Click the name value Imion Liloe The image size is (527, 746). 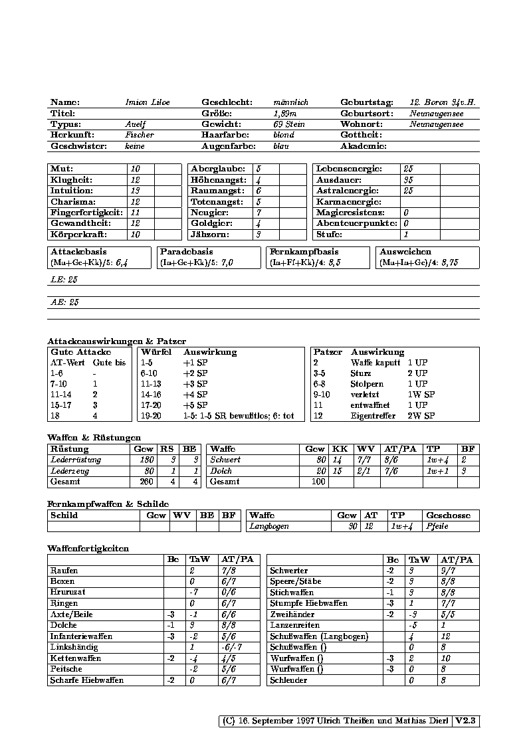[x=147, y=103]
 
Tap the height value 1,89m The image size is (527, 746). [x=284, y=114]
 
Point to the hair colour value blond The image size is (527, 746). [x=283, y=135]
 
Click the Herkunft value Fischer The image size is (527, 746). [x=139, y=135]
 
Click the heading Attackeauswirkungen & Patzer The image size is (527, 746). [x=116, y=341]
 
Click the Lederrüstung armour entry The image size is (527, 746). [x=76, y=460]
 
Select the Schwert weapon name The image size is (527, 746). [x=225, y=460]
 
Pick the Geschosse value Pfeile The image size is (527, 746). [x=437, y=526]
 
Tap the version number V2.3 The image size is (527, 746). [x=467, y=721]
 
